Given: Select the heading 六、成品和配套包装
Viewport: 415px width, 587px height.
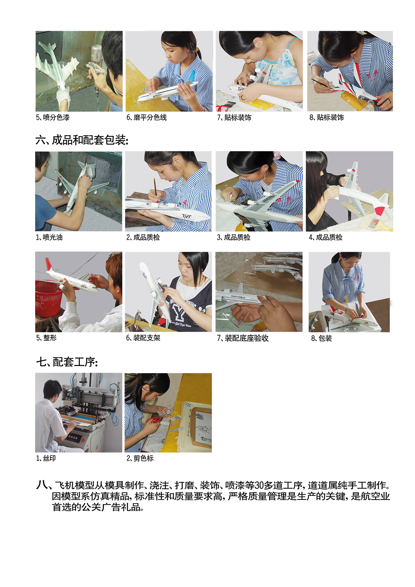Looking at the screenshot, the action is (82, 140).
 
